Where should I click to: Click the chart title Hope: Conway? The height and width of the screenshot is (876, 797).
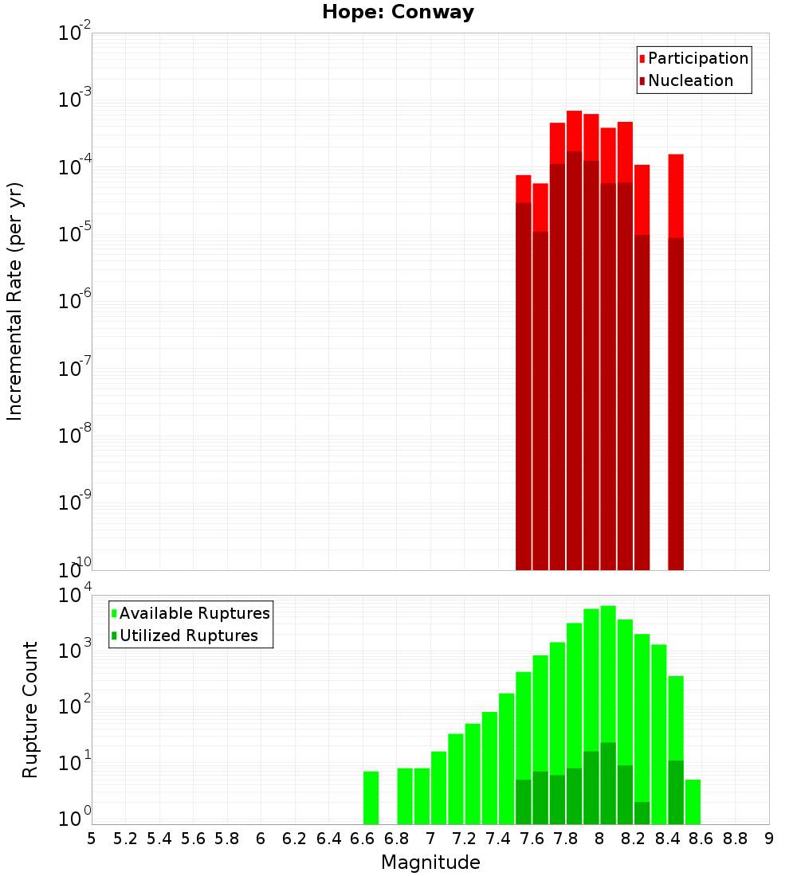(x=398, y=13)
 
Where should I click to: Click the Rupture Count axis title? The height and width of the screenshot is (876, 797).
(x=30, y=710)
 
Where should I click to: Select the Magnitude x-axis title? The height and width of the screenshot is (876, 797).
(x=430, y=862)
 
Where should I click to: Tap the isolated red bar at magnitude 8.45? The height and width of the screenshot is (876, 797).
(x=676, y=358)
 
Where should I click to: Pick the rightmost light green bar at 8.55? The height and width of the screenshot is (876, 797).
(x=693, y=802)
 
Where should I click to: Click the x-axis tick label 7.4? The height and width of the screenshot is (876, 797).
(x=498, y=839)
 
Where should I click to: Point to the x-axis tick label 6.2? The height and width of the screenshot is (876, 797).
(x=295, y=839)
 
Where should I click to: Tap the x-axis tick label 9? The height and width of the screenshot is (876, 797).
(x=769, y=839)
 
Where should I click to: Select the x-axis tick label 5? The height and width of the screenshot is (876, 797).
(x=92, y=839)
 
